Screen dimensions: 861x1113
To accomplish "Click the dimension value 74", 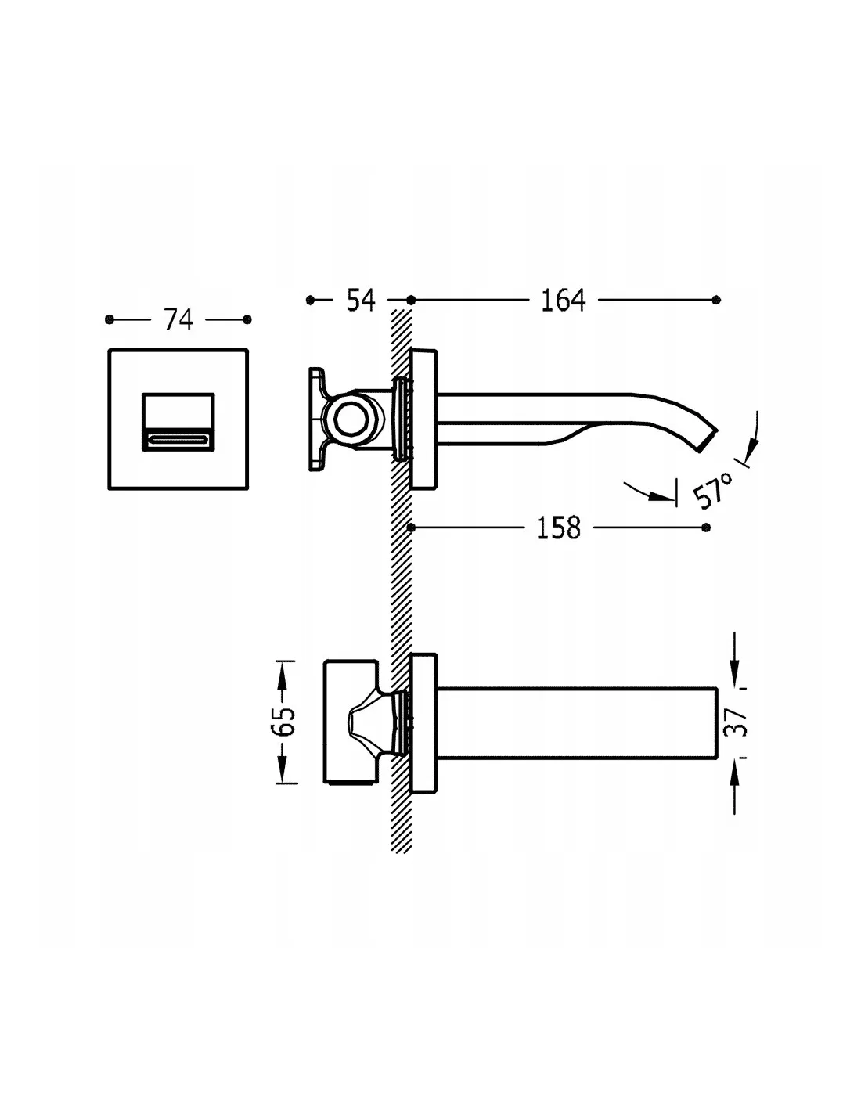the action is click(x=178, y=319).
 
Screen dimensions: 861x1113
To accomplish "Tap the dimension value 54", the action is click(x=361, y=300).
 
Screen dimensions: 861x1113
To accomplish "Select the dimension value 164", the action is click(x=564, y=300).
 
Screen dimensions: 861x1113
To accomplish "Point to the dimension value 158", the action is click(x=559, y=528).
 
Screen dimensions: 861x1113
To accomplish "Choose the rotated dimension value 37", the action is click(x=736, y=722).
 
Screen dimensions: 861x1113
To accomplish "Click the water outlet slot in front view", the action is click(x=178, y=440).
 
